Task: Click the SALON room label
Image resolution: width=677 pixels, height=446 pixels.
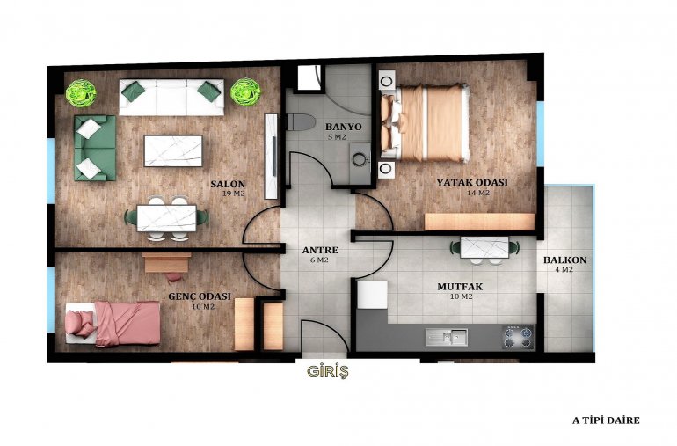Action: click(x=228, y=184)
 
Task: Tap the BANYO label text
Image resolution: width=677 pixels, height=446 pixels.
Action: click(x=343, y=127)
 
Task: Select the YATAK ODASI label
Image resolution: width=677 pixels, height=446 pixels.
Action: click(x=472, y=182)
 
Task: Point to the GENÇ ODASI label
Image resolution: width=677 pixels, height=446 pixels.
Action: click(x=200, y=297)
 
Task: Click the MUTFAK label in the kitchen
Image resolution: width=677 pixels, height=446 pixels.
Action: click(x=460, y=287)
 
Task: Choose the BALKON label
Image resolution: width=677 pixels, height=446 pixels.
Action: click(x=564, y=260)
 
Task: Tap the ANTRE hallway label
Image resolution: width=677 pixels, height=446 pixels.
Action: click(x=320, y=250)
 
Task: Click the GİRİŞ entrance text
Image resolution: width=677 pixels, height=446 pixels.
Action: click(x=328, y=371)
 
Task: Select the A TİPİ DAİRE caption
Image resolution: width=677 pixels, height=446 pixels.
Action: click(x=606, y=420)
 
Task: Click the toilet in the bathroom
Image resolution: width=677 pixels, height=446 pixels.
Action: click(x=300, y=122)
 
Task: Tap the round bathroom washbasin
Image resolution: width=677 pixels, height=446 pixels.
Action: click(x=360, y=159)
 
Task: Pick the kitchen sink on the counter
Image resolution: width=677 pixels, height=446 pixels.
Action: click(x=446, y=337)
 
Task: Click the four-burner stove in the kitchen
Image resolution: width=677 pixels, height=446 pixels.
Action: click(x=518, y=338)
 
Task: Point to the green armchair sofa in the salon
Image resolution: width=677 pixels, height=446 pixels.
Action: click(x=95, y=148)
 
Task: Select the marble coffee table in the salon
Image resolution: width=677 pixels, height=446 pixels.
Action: click(x=173, y=150)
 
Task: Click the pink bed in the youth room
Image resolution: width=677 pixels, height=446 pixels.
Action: click(x=113, y=324)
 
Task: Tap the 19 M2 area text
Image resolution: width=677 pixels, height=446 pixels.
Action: click(x=233, y=194)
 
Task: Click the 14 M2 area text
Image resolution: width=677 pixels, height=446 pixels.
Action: click(x=478, y=193)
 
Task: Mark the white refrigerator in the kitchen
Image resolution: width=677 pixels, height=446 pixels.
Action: click(x=372, y=295)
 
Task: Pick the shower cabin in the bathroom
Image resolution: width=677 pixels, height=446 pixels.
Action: click(x=309, y=77)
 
